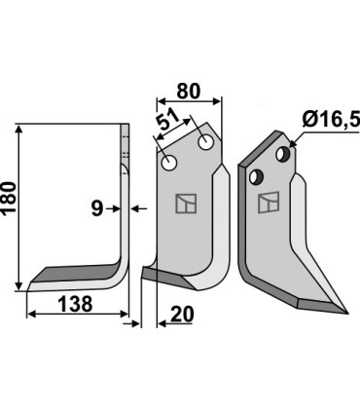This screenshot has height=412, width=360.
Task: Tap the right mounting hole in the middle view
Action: tap(206, 142)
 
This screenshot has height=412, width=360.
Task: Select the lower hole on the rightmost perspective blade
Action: tap(258, 176)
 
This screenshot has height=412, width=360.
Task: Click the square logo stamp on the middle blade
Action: tap(184, 204)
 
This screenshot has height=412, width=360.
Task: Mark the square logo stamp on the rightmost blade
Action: tap(266, 205)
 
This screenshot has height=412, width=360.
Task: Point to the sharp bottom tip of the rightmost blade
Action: tap(344, 314)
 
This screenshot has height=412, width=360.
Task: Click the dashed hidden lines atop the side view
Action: tap(126, 148)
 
